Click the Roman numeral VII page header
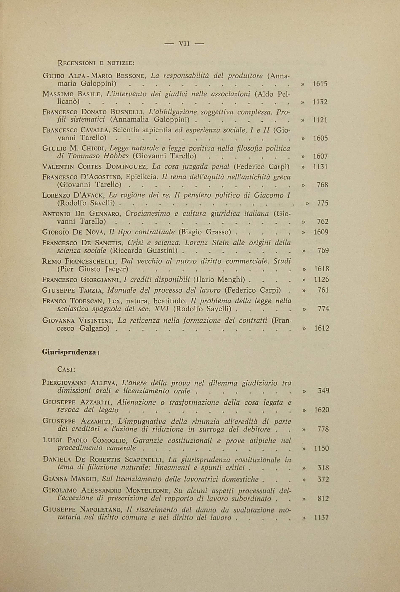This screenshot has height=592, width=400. coord(184,44)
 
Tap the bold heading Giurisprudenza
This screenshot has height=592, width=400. coord(71,352)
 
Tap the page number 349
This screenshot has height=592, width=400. coord(323,391)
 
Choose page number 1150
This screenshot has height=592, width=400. coord(321,448)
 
